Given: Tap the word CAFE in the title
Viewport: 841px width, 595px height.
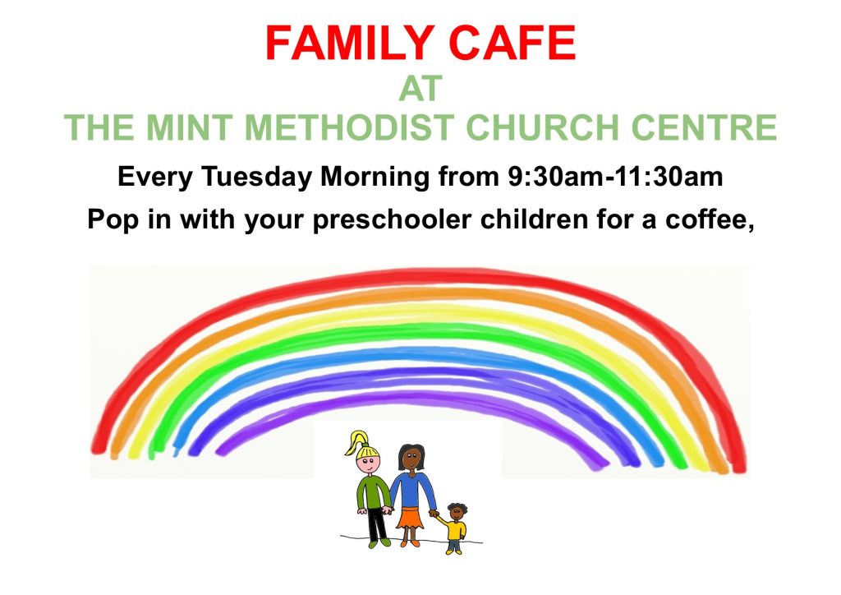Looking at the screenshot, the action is point(512,43).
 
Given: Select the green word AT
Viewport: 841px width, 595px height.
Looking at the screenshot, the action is point(420,89).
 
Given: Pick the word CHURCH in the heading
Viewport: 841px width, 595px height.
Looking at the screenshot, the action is point(542,127).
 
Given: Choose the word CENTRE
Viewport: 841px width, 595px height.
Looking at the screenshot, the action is point(704,127).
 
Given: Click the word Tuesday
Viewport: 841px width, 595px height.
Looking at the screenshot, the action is point(256,178).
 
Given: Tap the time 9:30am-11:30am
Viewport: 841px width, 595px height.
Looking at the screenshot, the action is point(615,177).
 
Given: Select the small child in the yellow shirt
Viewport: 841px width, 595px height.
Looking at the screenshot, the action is point(454,528).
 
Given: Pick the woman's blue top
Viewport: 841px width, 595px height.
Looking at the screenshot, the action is point(412,490).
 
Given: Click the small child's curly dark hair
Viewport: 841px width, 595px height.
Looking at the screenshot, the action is point(457,507).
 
